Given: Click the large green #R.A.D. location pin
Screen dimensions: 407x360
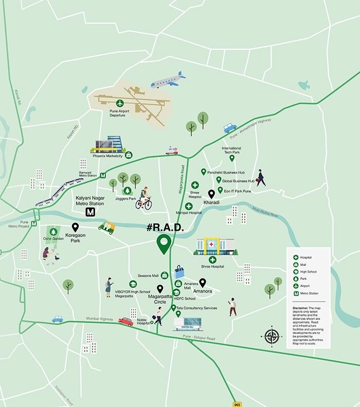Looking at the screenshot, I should (x=164, y=244).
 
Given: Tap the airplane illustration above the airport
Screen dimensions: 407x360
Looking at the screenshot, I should (x=168, y=80).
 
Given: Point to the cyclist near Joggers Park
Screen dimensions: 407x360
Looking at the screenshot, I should (x=143, y=198).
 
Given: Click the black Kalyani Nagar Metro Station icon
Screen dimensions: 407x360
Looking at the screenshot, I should (x=91, y=211).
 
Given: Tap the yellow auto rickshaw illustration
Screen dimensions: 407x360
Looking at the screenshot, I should (x=106, y=227).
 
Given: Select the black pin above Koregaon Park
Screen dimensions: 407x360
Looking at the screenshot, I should (x=76, y=227).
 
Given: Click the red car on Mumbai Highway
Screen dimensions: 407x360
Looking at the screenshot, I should (x=125, y=321).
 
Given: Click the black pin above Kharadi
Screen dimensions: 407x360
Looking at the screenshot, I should (x=211, y=194).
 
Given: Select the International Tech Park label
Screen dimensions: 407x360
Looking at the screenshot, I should (x=231, y=151).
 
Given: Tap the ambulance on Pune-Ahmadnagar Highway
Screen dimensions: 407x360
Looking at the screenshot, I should (x=172, y=151).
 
